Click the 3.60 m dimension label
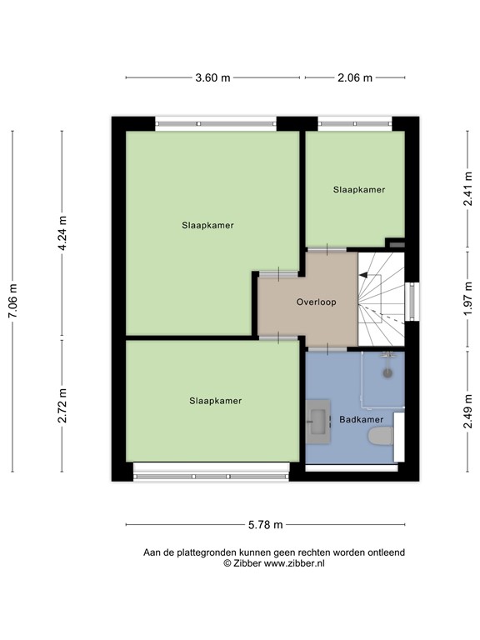click(x=212, y=77)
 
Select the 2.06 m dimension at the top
click(x=355, y=77)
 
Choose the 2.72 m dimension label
click(x=62, y=406)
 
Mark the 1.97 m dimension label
click(x=468, y=297)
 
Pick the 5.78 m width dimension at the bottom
click(x=266, y=525)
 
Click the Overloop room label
click(x=316, y=302)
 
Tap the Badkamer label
click(x=362, y=419)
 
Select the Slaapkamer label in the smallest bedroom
click(x=359, y=190)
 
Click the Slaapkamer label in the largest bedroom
click(x=207, y=225)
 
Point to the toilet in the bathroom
click(x=381, y=436)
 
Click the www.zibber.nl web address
click(x=294, y=564)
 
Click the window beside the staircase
click(x=409, y=301)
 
